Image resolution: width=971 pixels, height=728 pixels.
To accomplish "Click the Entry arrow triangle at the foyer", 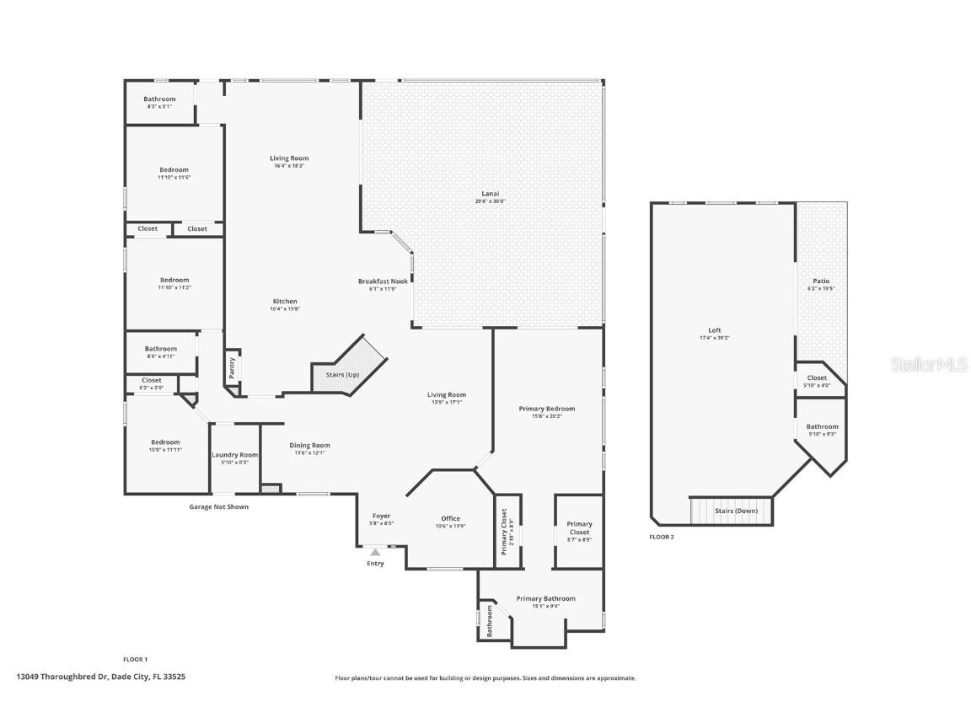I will [375, 552].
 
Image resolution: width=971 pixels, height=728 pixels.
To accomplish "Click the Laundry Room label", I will [234, 455].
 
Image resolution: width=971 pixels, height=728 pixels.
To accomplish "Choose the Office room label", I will [451, 519].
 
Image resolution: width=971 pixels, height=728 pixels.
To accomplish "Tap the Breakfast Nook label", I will [383, 281].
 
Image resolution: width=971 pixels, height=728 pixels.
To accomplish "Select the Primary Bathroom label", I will [545, 599].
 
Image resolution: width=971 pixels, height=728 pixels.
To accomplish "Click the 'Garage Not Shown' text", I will [218, 507].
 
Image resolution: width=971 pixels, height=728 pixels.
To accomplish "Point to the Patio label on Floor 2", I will [820, 281].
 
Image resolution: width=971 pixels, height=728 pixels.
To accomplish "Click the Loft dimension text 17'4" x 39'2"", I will [714, 338].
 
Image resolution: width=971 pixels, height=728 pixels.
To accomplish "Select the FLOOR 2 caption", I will [662, 537].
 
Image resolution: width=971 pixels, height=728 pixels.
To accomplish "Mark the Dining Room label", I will [309, 446].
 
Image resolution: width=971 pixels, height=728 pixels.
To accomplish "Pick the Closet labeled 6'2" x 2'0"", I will [152, 384].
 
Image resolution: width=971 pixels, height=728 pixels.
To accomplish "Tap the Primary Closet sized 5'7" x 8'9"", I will [579, 532].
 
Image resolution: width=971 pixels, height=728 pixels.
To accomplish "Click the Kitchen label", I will [285, 302].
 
